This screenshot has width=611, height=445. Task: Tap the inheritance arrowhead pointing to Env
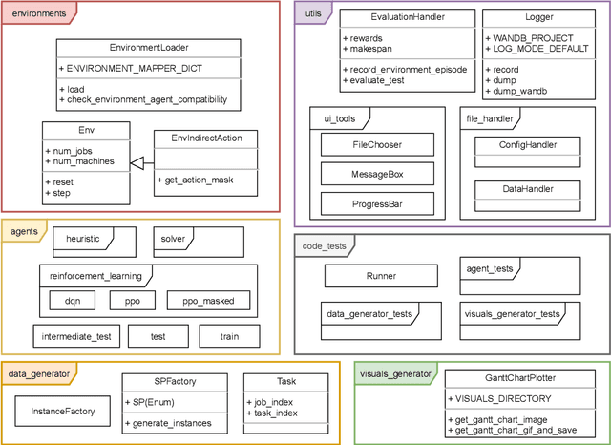pyautogui.click(x=136, y=164)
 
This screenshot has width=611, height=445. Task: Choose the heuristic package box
pyautogui.click(x=84, y=240)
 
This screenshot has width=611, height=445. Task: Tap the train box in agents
pyautogui.click(x=229, y=337)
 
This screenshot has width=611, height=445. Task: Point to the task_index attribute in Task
pyautogui.click(x=274, y=413)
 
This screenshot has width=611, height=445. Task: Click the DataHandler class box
pyautogui.click(x=528, y=189)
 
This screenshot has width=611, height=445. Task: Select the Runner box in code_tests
pyautogui.click(x=381, y=276)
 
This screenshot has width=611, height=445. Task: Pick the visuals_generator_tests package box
pyautogui.click(x=511, y=315)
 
